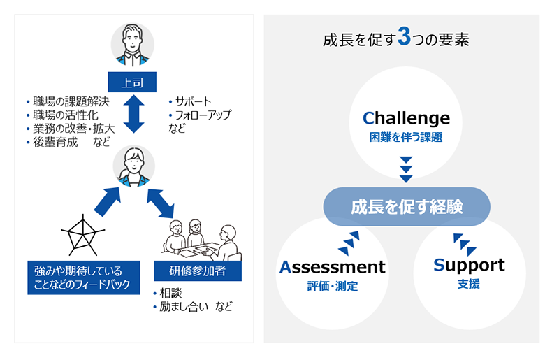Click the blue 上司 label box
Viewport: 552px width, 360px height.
tap(133, 82)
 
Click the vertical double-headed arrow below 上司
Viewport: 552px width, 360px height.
tap(133, 115)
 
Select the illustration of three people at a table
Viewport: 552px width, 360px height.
tap(199, 238)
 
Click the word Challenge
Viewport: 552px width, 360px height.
tap(406, 117)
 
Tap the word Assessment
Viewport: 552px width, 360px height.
tap(332, 266)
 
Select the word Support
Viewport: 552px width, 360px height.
tap(468, 265)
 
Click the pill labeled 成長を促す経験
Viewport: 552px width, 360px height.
tap(406, 207)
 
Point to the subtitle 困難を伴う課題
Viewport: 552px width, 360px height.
tap(406, 137)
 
